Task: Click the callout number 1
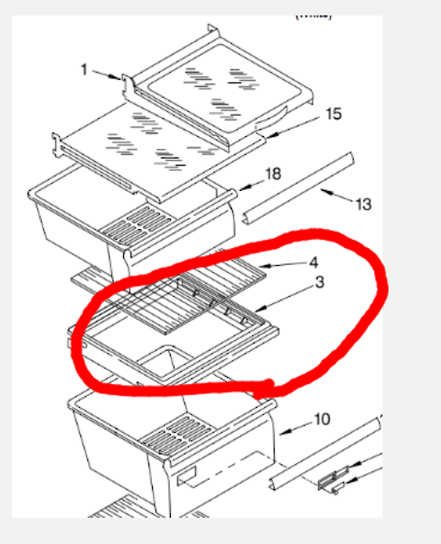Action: coord(84,70)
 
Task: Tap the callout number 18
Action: coord(274,174)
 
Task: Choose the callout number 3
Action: coord(320,282)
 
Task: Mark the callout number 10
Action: coord(322,420)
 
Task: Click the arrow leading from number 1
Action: coord(106,76)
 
